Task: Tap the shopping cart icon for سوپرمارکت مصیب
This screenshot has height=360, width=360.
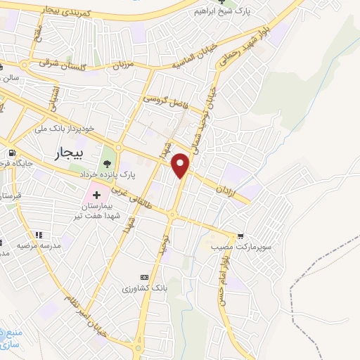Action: click(241, 236)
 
